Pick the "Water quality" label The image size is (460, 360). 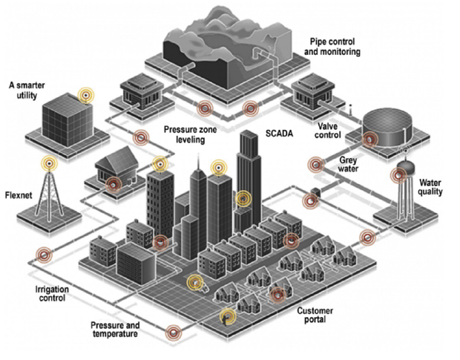tap(431, 186)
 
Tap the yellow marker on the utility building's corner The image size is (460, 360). tap(88, 96)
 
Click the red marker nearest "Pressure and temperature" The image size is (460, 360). tap(174, 332)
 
